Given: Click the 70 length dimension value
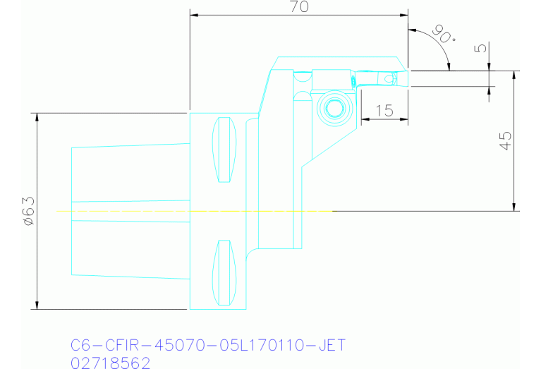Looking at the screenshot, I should coord(300,8).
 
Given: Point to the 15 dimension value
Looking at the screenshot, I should coord(384,110).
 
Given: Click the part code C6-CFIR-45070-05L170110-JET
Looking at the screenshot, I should coord(208,346).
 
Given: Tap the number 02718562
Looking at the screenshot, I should coord(111,362).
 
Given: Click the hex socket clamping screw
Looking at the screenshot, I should coord(332,108).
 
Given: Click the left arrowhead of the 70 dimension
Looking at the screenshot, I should coord(193,15).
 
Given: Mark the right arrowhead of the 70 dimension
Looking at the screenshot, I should coord(404,15).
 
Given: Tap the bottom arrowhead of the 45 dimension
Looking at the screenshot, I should coord(514,206).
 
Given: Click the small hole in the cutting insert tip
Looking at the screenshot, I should coord(387,78).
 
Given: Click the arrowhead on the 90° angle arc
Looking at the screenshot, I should coord(449,66).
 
